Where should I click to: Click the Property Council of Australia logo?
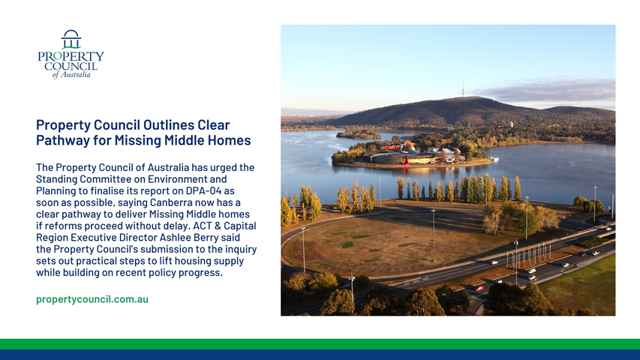[x=71, y=54]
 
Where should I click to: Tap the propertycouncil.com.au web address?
[x=92, y=299]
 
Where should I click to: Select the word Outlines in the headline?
[x=168, y=125]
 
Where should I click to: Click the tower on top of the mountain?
[x=463, y=89]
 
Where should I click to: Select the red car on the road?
[x=479, y=288]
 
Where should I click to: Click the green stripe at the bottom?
[x=320, y=344]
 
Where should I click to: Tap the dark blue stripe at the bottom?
[x=320, y=355]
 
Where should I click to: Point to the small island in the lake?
[x=359, y=135]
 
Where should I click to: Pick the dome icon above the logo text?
[x=71, y=39]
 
